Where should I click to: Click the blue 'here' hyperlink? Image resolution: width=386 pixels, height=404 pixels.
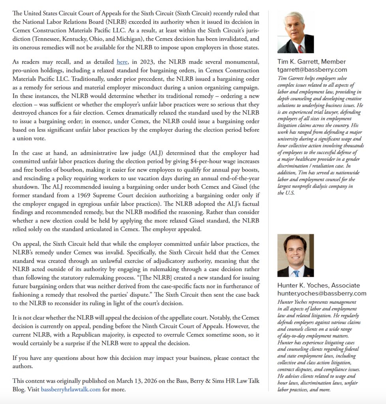[x=122, y=62]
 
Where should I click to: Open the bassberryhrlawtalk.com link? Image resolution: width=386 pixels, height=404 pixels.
[x=71, y=389]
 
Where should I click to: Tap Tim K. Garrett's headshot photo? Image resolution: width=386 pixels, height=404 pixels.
[x=296, y=32]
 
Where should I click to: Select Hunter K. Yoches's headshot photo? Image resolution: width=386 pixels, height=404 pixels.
[x=296, y=255]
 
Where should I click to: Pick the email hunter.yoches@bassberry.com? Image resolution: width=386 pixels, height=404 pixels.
[x=322, y=293]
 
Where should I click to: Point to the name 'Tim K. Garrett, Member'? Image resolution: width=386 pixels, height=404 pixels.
[x=311, y=62]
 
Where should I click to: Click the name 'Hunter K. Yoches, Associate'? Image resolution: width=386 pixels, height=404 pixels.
[x=319, y=285]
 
